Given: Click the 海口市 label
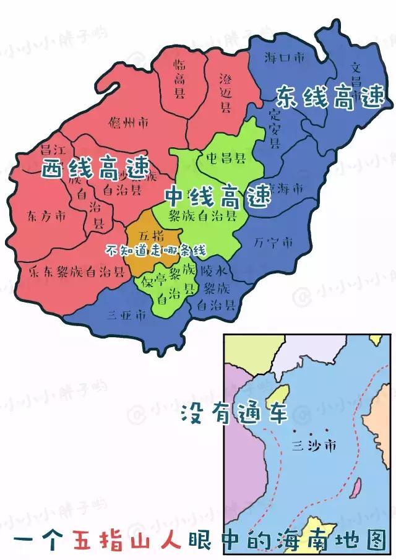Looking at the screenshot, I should point(285,58).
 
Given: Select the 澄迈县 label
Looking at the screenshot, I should point(226,93).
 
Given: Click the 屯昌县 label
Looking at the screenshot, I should point(226,157).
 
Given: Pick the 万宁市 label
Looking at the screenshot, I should point(273,243).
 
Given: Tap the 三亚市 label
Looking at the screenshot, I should point(127,315).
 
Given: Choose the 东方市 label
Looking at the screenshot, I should point(46,216).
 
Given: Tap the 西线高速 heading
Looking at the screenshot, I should point(96,167).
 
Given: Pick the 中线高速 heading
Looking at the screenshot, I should point(217,196).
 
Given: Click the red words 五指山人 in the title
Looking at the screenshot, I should point(127,539).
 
